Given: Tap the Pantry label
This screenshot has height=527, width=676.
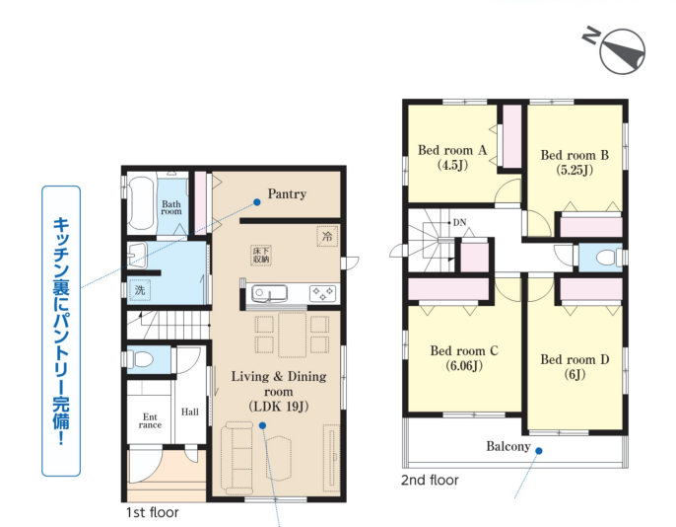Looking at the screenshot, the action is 287,193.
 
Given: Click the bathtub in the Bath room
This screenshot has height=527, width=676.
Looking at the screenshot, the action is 141,202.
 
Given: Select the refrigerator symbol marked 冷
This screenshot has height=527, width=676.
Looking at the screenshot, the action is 327,236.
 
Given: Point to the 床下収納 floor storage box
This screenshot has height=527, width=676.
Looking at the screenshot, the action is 261,255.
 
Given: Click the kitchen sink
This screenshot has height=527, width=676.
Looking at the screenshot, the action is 269,293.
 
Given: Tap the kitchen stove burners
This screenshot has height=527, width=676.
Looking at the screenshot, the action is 323,293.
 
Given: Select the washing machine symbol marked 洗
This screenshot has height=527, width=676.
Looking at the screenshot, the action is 140,290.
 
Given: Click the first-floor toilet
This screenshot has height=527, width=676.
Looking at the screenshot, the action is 141,359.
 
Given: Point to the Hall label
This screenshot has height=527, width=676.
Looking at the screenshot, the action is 189,412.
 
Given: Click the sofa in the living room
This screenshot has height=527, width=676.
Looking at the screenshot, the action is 237,458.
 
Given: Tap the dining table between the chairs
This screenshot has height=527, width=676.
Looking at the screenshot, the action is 293,335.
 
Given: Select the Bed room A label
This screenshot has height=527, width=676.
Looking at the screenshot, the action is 452,150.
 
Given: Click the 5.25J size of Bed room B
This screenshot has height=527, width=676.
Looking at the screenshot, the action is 575,170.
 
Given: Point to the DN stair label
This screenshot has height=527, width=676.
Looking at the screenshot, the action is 459,222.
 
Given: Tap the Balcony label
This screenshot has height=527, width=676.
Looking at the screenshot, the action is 508,446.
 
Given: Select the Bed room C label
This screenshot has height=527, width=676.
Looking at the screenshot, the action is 464,351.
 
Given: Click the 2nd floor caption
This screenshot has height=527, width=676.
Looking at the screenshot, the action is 430,480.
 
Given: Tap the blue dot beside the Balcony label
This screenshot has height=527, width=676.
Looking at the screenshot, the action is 539,451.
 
